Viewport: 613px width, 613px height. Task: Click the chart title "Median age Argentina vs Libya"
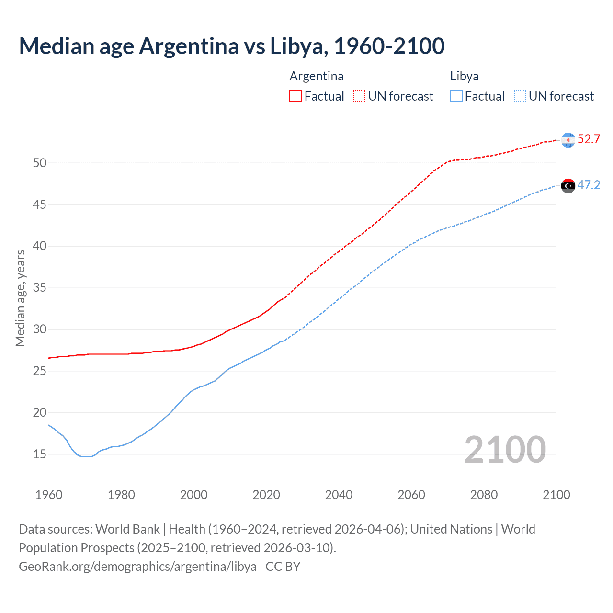pyautogui.click(x=232, y=46)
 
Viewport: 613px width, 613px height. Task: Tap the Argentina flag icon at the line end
pyautogui.click(x=568, y=139)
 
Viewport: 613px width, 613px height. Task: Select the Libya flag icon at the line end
pyautogui.click(x=568, y=185)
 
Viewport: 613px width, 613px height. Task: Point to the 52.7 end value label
pyautogui.click(x=589, y=139)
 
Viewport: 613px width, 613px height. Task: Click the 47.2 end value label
pyautogui.click(x=589, y=185)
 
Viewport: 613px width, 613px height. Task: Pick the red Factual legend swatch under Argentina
pyautogui.click(x=295, y=96)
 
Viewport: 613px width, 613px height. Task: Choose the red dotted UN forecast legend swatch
pyautogui.click(x=359, y=96)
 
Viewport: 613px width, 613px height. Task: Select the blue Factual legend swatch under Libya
pyautogui.click(x=456, y=96)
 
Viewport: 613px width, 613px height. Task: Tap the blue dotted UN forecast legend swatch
pyautogui.click(x=520, y=96)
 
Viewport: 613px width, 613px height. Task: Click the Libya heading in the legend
pyautogui.click(x=464, y=76)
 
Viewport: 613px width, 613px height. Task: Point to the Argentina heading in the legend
pyautogui.click(x=317, y=76)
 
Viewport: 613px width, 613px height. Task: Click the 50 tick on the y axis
pyautogui.click(x=40, y=163)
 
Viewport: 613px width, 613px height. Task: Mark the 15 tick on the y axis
pyautogui.click(x=40, y=454)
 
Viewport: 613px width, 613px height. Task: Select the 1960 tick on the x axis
pyautogui.click(x=49, y=495)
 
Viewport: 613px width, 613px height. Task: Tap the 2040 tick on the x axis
pyautogui.click(x=339, y=495)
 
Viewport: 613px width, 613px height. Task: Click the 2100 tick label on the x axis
pyautogui.click(x=556, y=495)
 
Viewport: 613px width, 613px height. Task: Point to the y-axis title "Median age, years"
pyautogui.click(x=20, y=298)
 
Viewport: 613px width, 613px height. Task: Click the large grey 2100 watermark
pyautogui.click(x=505, y=450)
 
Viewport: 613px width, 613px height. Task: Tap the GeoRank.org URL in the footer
pyautogui.click(x=137, y=567)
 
